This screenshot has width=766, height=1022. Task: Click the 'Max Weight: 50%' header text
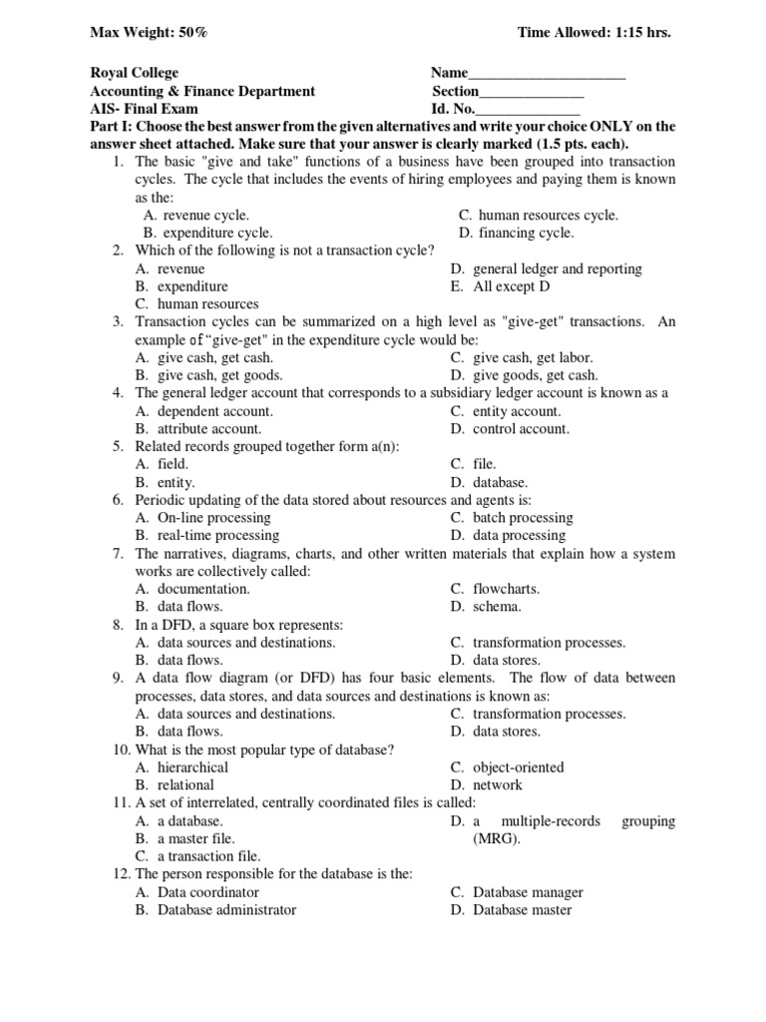pos(150,33)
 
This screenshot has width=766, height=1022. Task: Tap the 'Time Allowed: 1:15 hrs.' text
pos(593,33)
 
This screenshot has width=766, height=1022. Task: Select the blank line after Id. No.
pos(528,110)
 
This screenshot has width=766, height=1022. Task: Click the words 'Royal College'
pos(135,73)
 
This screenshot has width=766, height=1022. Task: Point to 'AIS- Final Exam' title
pos(144,109)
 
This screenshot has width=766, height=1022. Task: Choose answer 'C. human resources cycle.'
pos(538,215)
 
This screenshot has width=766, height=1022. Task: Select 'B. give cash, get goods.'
pos(208,375)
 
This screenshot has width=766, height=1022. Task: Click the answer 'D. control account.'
pos(510,429)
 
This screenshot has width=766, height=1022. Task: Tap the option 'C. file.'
pos(473,464)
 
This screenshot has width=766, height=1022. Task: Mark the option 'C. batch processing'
pos(511,518)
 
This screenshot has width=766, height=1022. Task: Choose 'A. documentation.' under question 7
pos(191,589)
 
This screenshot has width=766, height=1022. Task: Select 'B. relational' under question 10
pos(174,784)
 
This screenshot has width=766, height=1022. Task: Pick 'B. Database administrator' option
pos(215,909)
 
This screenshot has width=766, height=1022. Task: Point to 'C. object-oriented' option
pos(507,766)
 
